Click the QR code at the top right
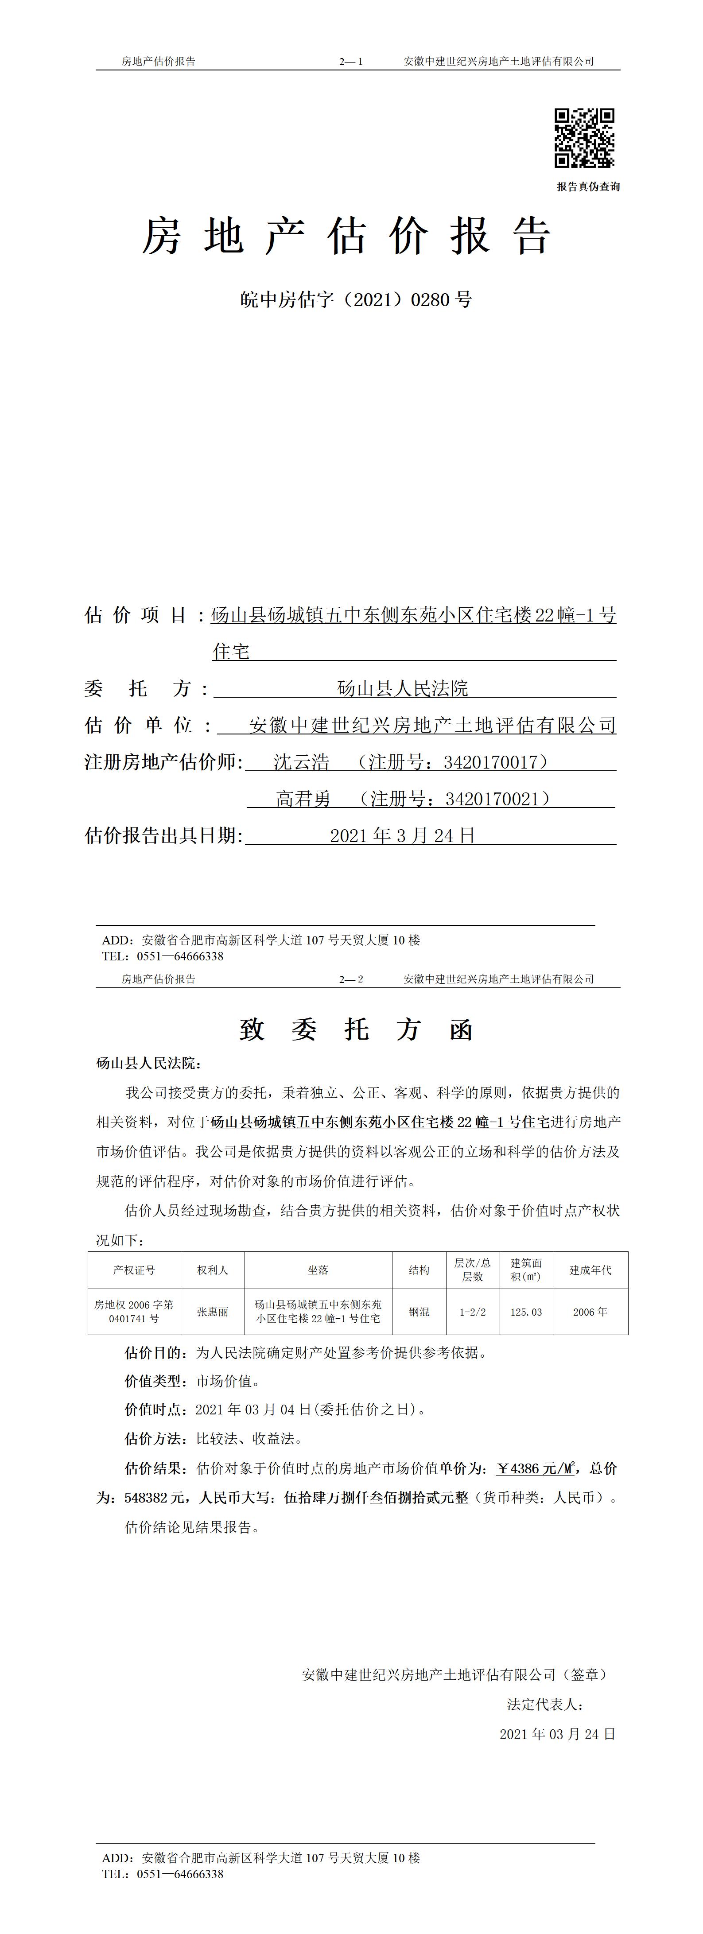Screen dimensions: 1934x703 coord(584,138)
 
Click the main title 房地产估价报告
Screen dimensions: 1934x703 coord(347,236)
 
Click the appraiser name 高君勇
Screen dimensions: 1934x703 coord(303,799)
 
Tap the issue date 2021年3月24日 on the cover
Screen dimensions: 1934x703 coord(403,835)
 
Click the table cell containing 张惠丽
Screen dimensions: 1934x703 coord(213,1312)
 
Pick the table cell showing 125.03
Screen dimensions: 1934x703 coord(526,1312)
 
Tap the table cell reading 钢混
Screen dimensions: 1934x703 coord(419,1312)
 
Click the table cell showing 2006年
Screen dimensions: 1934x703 coord(590,1312)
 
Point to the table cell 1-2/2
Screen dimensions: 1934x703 coord(472,1312)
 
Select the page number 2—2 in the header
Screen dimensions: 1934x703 coord(351,979)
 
